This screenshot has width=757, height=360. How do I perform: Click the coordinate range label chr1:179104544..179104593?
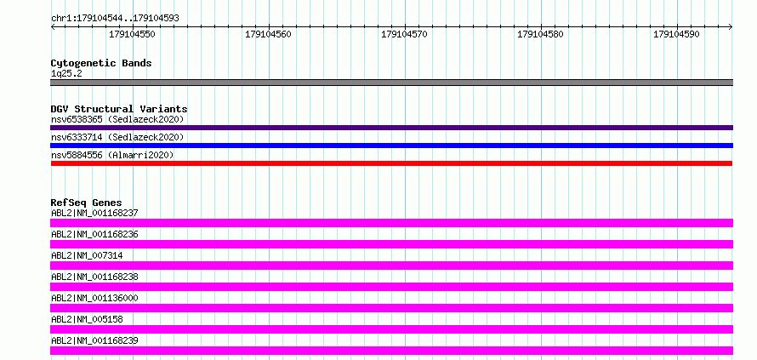[115, 19]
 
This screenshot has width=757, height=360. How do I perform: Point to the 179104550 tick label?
[132, 34]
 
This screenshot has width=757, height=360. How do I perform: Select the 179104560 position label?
[268, 34]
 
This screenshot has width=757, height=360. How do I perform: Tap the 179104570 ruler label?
[404, 34]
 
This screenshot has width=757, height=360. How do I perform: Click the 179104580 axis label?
[540, 34]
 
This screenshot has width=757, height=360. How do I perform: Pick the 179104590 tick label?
[676, 34]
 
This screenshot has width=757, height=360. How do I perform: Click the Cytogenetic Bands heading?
[101, 63]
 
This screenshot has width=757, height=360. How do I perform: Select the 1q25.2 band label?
[66, 73]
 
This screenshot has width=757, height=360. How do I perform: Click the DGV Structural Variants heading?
[119, 109]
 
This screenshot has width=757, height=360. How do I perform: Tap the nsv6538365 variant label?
[77, 119]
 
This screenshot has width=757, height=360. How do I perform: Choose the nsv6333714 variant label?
[77, 138]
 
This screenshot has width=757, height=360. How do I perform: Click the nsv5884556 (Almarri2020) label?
[112, 155]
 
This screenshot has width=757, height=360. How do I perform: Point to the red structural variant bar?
[391, 163]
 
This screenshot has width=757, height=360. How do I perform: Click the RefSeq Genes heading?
[86, 203]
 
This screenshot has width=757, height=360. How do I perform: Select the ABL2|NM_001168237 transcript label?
[94, 213]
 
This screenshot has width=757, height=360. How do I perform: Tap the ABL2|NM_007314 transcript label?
[87, 255]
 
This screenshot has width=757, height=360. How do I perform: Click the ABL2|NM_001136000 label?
[94, 298]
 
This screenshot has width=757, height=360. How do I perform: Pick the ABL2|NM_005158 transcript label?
[87, 319]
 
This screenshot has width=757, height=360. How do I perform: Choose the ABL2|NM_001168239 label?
[94, 340]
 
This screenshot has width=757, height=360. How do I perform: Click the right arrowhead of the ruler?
[731, 27]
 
